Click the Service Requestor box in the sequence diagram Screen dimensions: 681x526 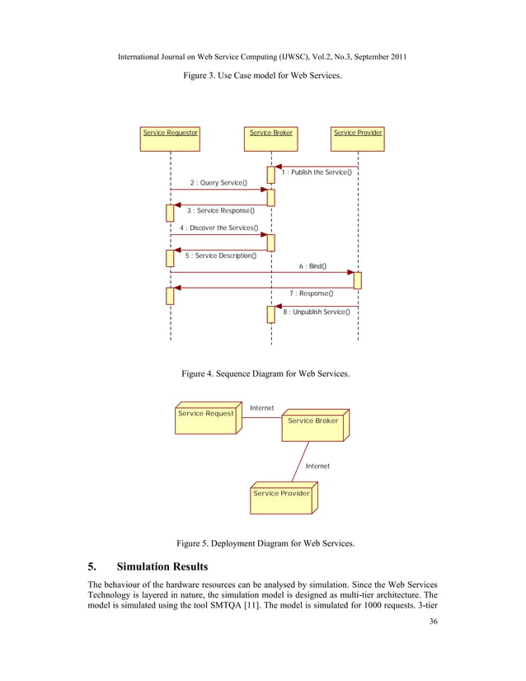[x=171, y=137]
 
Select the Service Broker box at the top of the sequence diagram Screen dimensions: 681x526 [x=271, y=137]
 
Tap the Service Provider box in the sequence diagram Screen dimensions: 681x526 [x=358, y=137]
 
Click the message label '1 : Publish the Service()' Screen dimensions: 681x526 [x=317, y=172]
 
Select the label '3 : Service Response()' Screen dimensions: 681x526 [x=220, y=211]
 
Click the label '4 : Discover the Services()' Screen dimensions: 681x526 [x=218, y=228]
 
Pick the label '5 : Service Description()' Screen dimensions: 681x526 [x=220, y=256]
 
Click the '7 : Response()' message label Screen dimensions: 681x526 [x=311, y=294]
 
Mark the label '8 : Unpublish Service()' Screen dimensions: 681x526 [x=316, y=312]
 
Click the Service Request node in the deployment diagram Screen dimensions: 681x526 [x=206, y=418]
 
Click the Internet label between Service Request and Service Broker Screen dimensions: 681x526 [x=261, y=407]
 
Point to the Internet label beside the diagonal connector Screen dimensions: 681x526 [x=317, y=466]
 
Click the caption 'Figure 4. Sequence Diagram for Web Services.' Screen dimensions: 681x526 [x=265, y=374]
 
